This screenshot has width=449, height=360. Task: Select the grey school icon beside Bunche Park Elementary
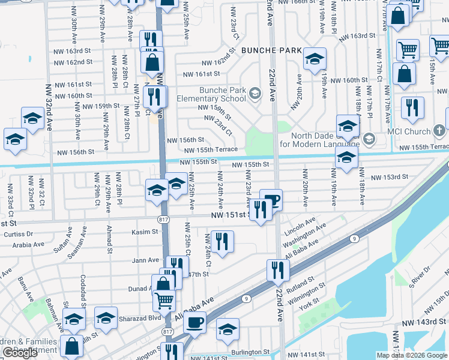[256, 93]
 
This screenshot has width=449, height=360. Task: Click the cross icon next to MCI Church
[440, 131]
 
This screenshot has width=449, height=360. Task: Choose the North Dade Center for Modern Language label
[325, 140]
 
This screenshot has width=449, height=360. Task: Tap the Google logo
[20, 353]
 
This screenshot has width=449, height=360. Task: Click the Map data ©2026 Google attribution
[412, 355]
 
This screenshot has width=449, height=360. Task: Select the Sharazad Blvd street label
[139, 319]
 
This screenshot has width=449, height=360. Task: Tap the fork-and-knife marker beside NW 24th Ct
[222, 241]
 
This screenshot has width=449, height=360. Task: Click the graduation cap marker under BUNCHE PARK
[313, 59]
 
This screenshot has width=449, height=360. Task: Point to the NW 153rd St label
[389, 177]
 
